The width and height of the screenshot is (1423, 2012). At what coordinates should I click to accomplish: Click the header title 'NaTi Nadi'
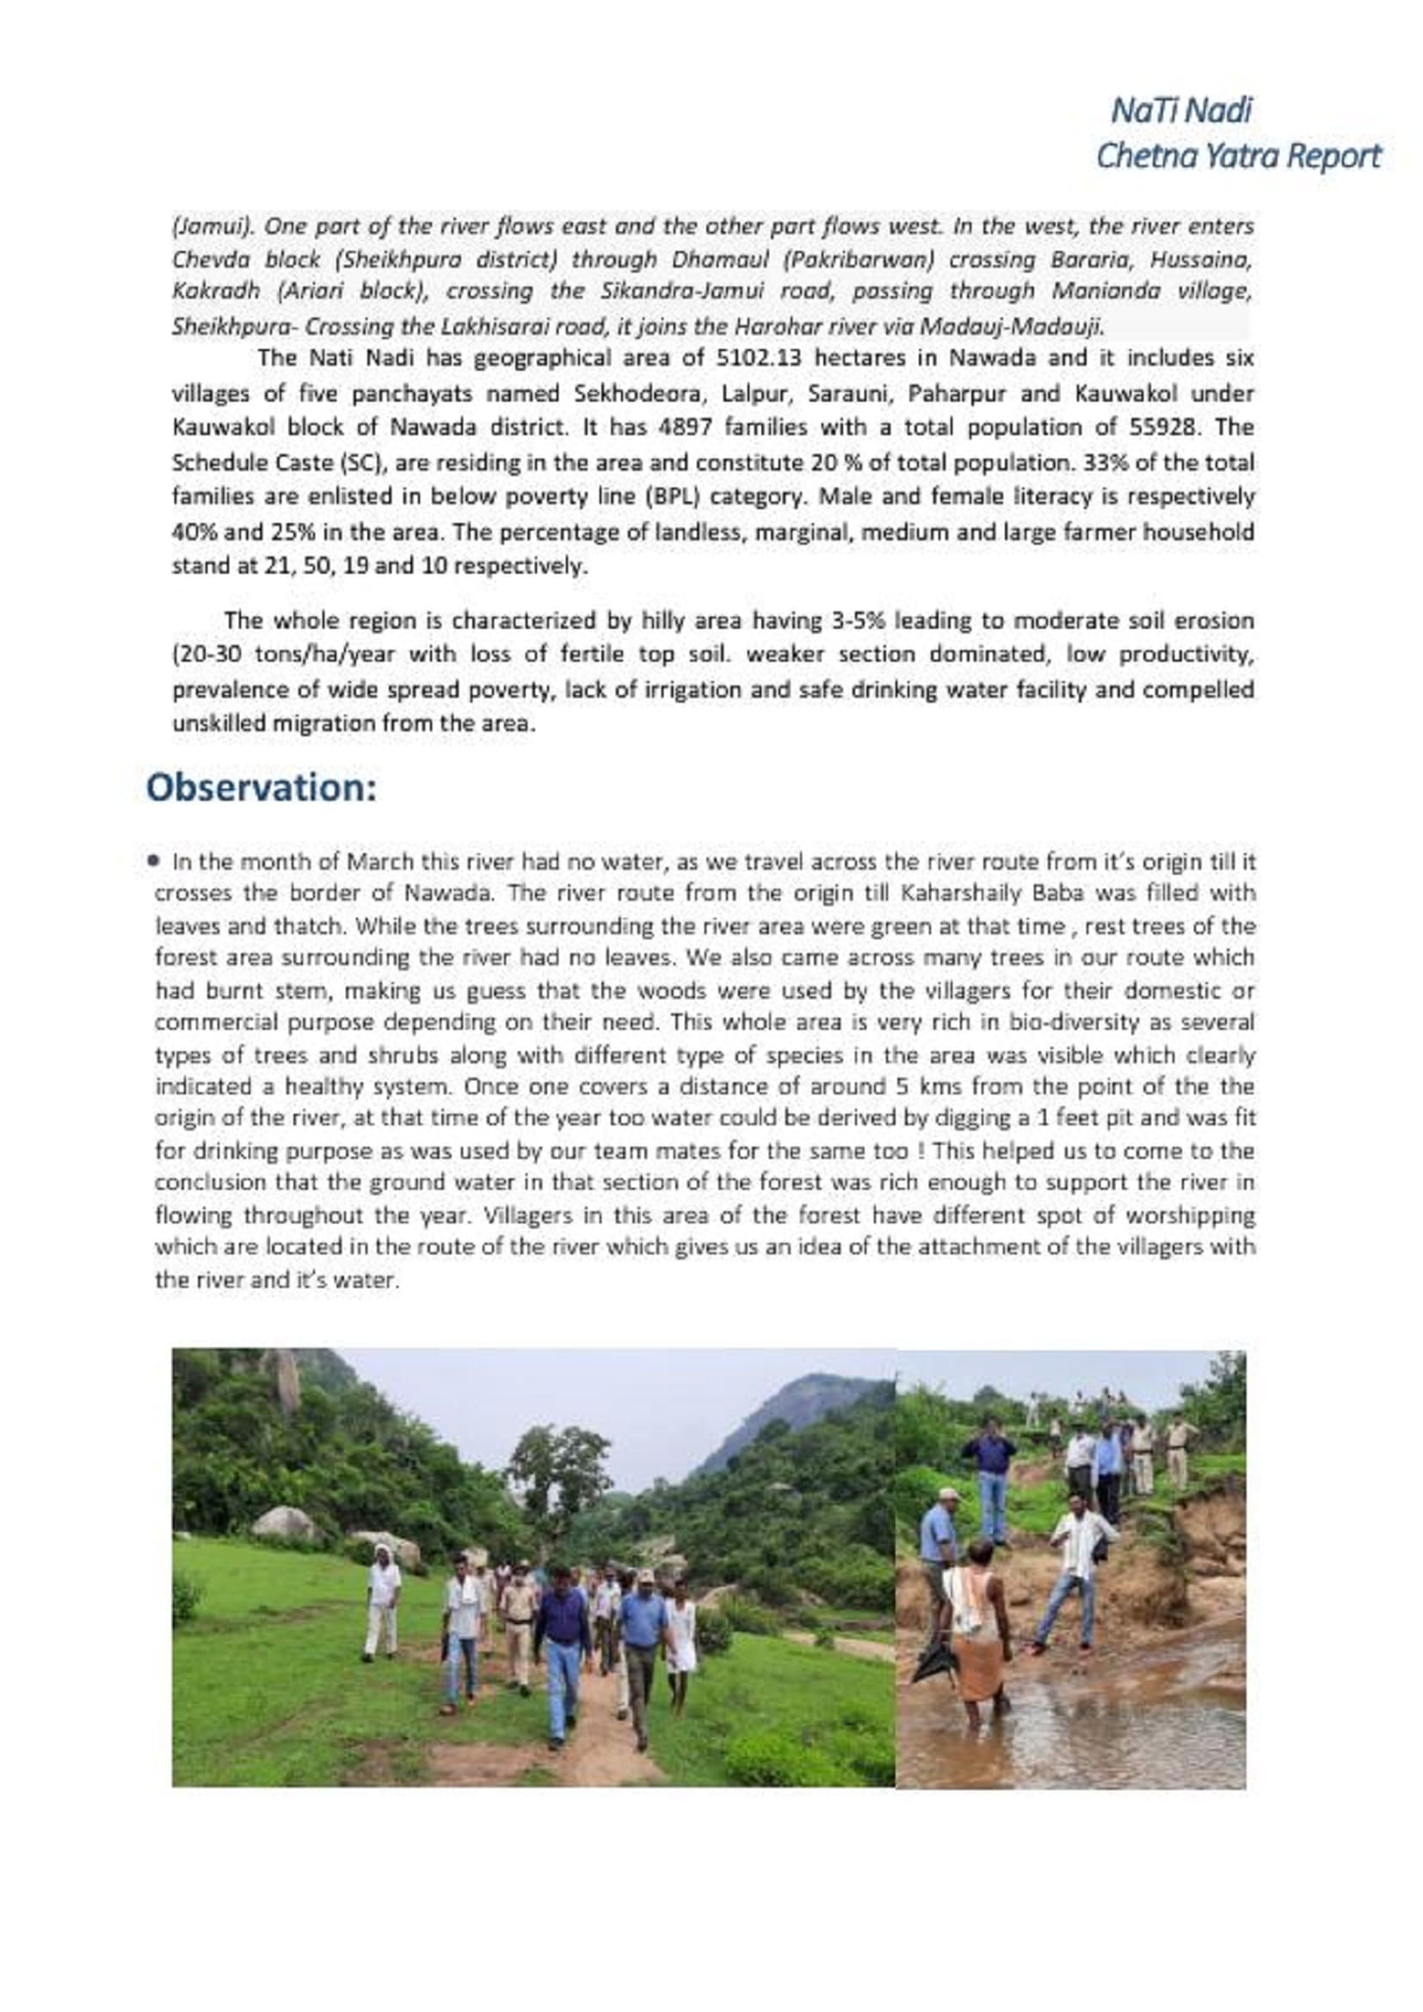[x=1181, y=110]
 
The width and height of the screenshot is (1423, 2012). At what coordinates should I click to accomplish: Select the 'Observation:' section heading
[x=262, y=787]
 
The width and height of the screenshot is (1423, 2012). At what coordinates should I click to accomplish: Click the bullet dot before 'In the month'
[x=155, y=860]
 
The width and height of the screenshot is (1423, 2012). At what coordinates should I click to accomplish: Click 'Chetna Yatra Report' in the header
[x=1238, y=156]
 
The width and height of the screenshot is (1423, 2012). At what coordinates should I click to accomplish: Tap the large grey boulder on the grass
[x=285, y=1525]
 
